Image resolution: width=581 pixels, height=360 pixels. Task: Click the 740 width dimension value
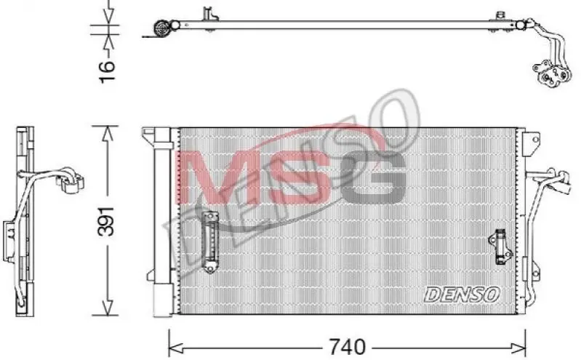click(x=347, y=347)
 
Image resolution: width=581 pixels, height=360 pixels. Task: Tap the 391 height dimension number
click(x=106, y=221)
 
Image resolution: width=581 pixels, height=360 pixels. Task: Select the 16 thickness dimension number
click(x=107, y=71)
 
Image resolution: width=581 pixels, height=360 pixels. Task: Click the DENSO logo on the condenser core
click(x=462, y=295)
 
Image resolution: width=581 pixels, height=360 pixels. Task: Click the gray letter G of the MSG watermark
click(x=374, y=177)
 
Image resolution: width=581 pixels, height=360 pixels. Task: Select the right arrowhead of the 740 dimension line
click(x=518, y=348)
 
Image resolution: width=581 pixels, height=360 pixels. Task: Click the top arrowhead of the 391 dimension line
click(x=108, y=134)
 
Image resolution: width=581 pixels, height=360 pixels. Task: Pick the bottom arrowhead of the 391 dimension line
click(x=108, y=308)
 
